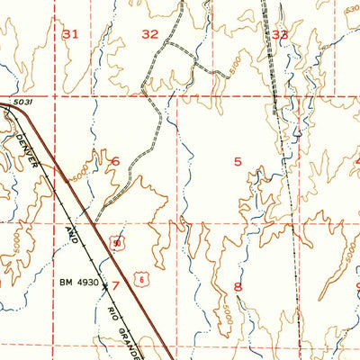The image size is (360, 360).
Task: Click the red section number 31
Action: click(x=71, y=33)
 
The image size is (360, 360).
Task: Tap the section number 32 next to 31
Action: click(x=149, y=33)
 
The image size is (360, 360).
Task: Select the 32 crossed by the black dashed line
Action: click(x=281, y=34)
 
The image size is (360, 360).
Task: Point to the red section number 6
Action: click(x=114, y=161)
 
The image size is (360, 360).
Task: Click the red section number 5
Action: click(x=238, y=161)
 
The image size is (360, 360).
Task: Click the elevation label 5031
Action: click(x=23, y=103)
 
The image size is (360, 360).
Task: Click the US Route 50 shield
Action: click(x=117, y=242)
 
